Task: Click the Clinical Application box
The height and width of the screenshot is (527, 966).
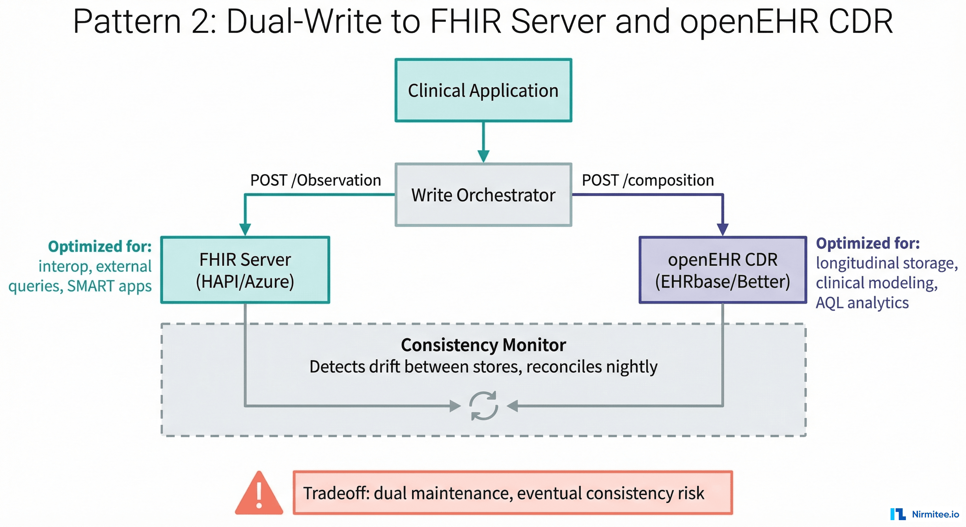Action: pyautogui.click(x=483, y=90)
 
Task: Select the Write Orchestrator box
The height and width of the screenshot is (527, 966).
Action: pyautogui.click(x=483, y=195)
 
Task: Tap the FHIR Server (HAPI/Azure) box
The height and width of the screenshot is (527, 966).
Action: pyautogui.click(x=245, y=270)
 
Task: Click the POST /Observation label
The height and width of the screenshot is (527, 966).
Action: pyautogui.click(x=315, y=180)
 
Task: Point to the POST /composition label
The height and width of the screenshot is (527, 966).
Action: pyautogui.click(x=648, y=180)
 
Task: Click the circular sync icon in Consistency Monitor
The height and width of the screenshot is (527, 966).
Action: pyautogui.click(x=484, y=406)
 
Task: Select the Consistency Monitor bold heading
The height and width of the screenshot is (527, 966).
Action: pyautogui.click(x=483, y=345)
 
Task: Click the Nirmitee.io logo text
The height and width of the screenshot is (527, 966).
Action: pyautogui.click(x=935, y=514)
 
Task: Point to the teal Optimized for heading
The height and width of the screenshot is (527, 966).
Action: pyautogui.click(x=100, y=246)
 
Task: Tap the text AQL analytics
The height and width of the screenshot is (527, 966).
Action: pyautogui.click(x=862, y=303)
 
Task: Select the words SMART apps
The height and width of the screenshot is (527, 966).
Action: pyautogui.click(x=109, y=286)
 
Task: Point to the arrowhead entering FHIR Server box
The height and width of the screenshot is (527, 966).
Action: pyautogui.click(x=245, y=229)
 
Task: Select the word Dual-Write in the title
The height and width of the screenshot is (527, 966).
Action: pyautogui.click(x=304, y=21)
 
